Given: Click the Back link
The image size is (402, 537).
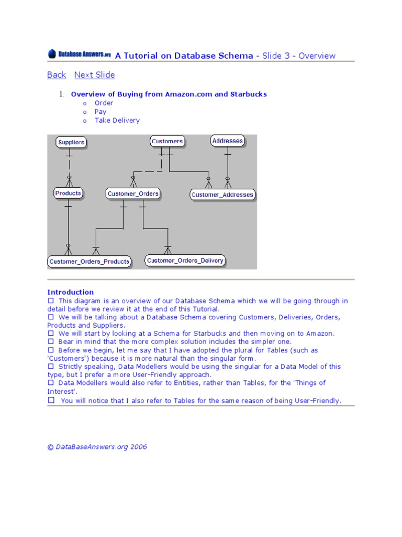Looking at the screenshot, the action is (x=57, y=75).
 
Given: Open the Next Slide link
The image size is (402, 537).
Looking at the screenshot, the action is (x=94, y=75).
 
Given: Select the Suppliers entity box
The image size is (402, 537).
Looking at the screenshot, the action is (x=71, y=142).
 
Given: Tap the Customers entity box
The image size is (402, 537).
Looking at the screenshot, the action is (x=167, y=141).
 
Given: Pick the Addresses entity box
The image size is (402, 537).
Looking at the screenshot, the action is (x=228, y=141).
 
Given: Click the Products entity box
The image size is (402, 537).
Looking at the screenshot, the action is (x=68, y=193).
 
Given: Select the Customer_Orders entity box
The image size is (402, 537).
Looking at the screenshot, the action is (x=133, y=194).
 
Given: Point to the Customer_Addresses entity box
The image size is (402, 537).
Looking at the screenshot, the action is (x=222, y=195).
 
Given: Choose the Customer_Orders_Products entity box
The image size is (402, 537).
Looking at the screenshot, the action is (x=89, y=261).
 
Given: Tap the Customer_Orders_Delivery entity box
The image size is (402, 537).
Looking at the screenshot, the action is (x=185, y=261).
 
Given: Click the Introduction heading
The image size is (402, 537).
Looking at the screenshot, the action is (x=71, y=292).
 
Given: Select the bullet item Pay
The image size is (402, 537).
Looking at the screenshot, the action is (x=100, y=112).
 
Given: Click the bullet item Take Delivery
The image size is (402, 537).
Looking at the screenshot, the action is (x=117, y=120).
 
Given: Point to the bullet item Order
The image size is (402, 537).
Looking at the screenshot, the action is (x=104, y=103).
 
